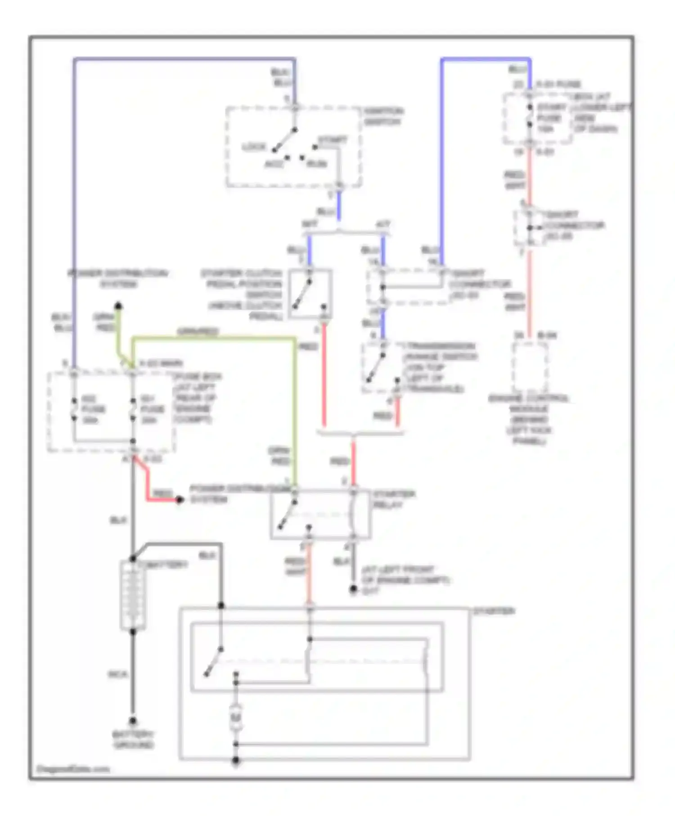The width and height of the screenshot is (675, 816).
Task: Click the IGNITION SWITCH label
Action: click(383, 116)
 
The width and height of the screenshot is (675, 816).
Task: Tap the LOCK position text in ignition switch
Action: click(254, 147)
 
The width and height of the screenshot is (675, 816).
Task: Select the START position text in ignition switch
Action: click(333, 140)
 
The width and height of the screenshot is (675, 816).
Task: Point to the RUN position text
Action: click(316, 164)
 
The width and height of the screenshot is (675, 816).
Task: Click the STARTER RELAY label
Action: click(393, 499)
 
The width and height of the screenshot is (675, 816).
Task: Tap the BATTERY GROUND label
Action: click(133, 740)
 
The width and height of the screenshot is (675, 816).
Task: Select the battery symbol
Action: click(133, 595)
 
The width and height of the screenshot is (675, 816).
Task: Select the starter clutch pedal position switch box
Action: click(310, 294)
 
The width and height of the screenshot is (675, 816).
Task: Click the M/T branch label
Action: click(310, 223)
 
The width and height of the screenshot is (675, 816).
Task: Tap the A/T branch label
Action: click(382, 223)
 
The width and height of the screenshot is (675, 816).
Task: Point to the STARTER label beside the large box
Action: click(494, 611)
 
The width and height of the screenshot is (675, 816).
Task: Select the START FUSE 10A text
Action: click(551, 118)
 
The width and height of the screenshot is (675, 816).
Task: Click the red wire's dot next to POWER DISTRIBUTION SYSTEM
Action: click(180, 500)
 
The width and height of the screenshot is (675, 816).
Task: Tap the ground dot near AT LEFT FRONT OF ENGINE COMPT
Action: click(354, 589)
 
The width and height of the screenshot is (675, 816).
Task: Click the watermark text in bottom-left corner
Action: click(73, 769)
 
